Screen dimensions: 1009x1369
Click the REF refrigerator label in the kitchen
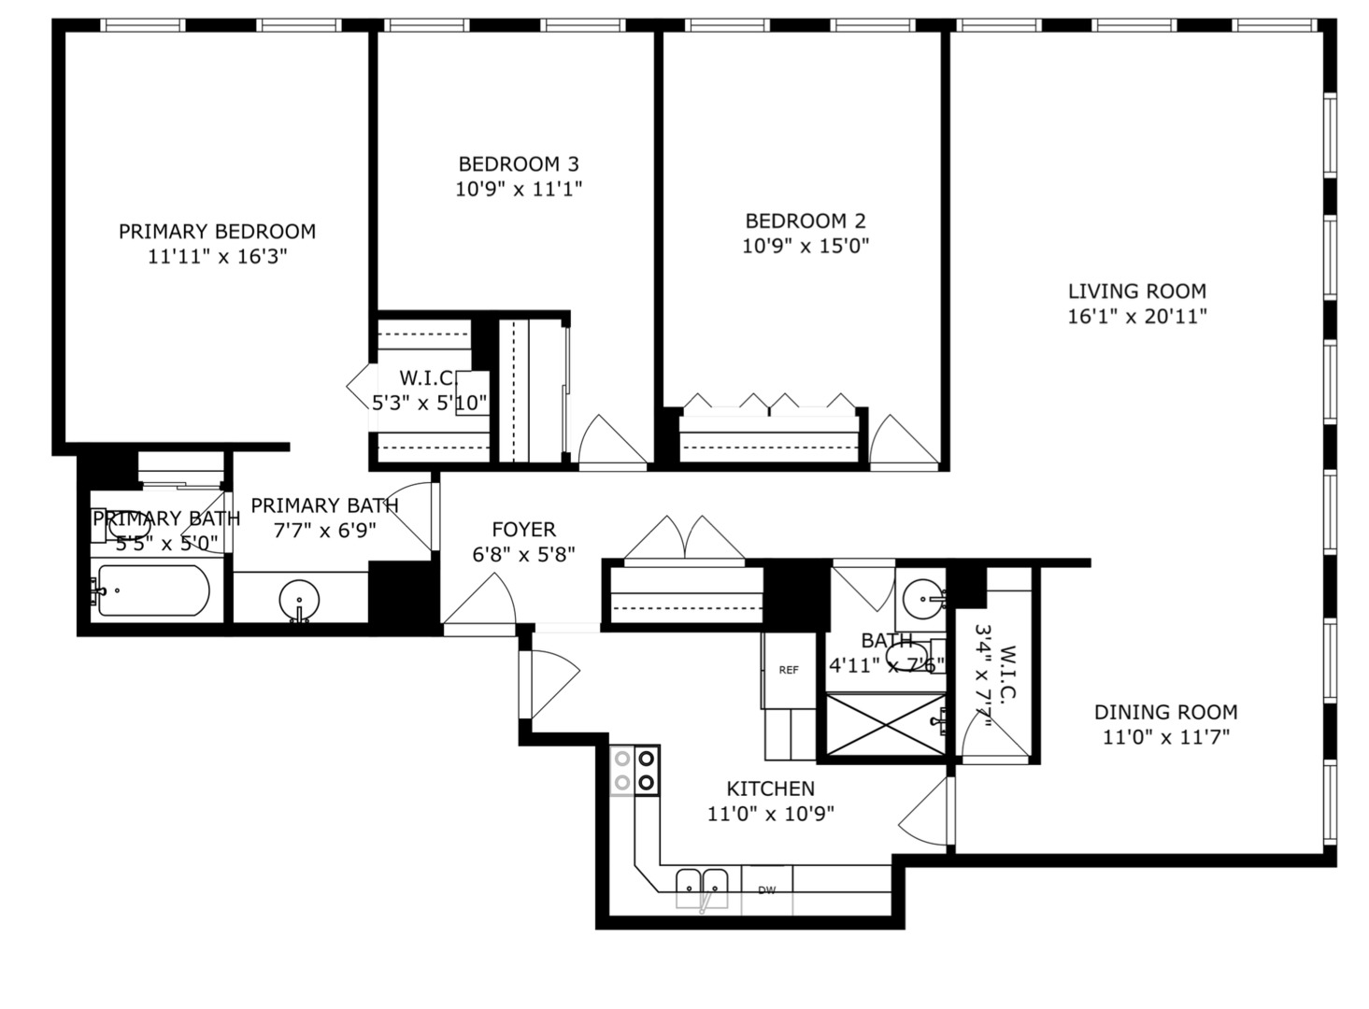coord(789,670)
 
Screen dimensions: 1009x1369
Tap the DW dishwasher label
coord(766,890)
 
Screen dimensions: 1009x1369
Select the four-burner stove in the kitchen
coord(635,771)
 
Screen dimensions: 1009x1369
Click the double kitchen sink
coord(702,883)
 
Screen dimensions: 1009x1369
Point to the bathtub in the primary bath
coord(153,590)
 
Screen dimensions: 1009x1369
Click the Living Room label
coord(1137,291)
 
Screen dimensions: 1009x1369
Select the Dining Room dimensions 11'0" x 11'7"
coord(1165,737)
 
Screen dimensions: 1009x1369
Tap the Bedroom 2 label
coord(805,221)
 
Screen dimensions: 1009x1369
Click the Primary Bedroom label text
coord(217,232)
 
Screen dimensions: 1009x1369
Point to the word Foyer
coord(523,530)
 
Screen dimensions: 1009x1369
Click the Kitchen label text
coord(770,789)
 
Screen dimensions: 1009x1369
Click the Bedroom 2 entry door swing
coord(901,442)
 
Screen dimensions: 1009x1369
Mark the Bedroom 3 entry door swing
coord(610,442)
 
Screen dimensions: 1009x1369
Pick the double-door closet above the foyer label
coord(685,540)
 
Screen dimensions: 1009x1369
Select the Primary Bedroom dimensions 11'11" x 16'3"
coord(217,257)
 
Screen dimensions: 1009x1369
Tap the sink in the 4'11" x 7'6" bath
coord(925,592)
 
